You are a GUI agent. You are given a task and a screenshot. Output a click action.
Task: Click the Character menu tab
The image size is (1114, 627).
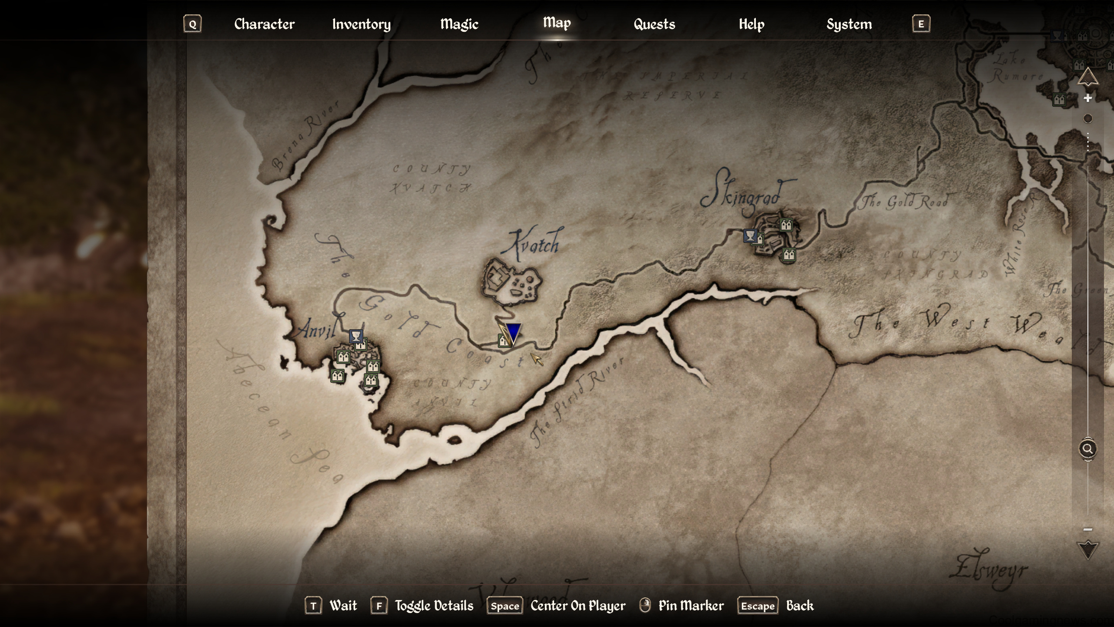point(264,24)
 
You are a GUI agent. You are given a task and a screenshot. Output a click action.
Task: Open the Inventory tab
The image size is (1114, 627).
point(361,24)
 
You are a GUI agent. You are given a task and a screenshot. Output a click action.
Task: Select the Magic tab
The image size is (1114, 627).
point(459,24)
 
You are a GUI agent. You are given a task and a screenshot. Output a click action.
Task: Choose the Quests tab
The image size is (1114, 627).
point(654,24)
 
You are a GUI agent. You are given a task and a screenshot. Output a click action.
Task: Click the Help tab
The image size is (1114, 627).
point(752,24)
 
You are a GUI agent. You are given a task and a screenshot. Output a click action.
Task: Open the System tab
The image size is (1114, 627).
point(849,24)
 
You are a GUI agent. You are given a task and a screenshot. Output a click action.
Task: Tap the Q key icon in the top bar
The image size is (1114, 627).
point(192,24)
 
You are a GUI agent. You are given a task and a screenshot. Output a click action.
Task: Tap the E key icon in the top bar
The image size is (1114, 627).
point(921,24)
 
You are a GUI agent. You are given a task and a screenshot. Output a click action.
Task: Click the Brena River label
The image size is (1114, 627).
point(305,135)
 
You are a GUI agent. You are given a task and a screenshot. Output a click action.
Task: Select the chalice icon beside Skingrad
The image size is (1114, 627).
point(750,236)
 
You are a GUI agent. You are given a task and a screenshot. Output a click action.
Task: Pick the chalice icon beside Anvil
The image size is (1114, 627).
point(356,336)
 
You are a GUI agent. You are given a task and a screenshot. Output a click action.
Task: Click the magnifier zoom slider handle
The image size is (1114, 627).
point(1087,448)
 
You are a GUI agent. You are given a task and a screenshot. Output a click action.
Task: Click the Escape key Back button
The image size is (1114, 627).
point(758,606)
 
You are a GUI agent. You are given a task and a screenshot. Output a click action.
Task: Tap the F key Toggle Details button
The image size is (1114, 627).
point(379,606)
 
